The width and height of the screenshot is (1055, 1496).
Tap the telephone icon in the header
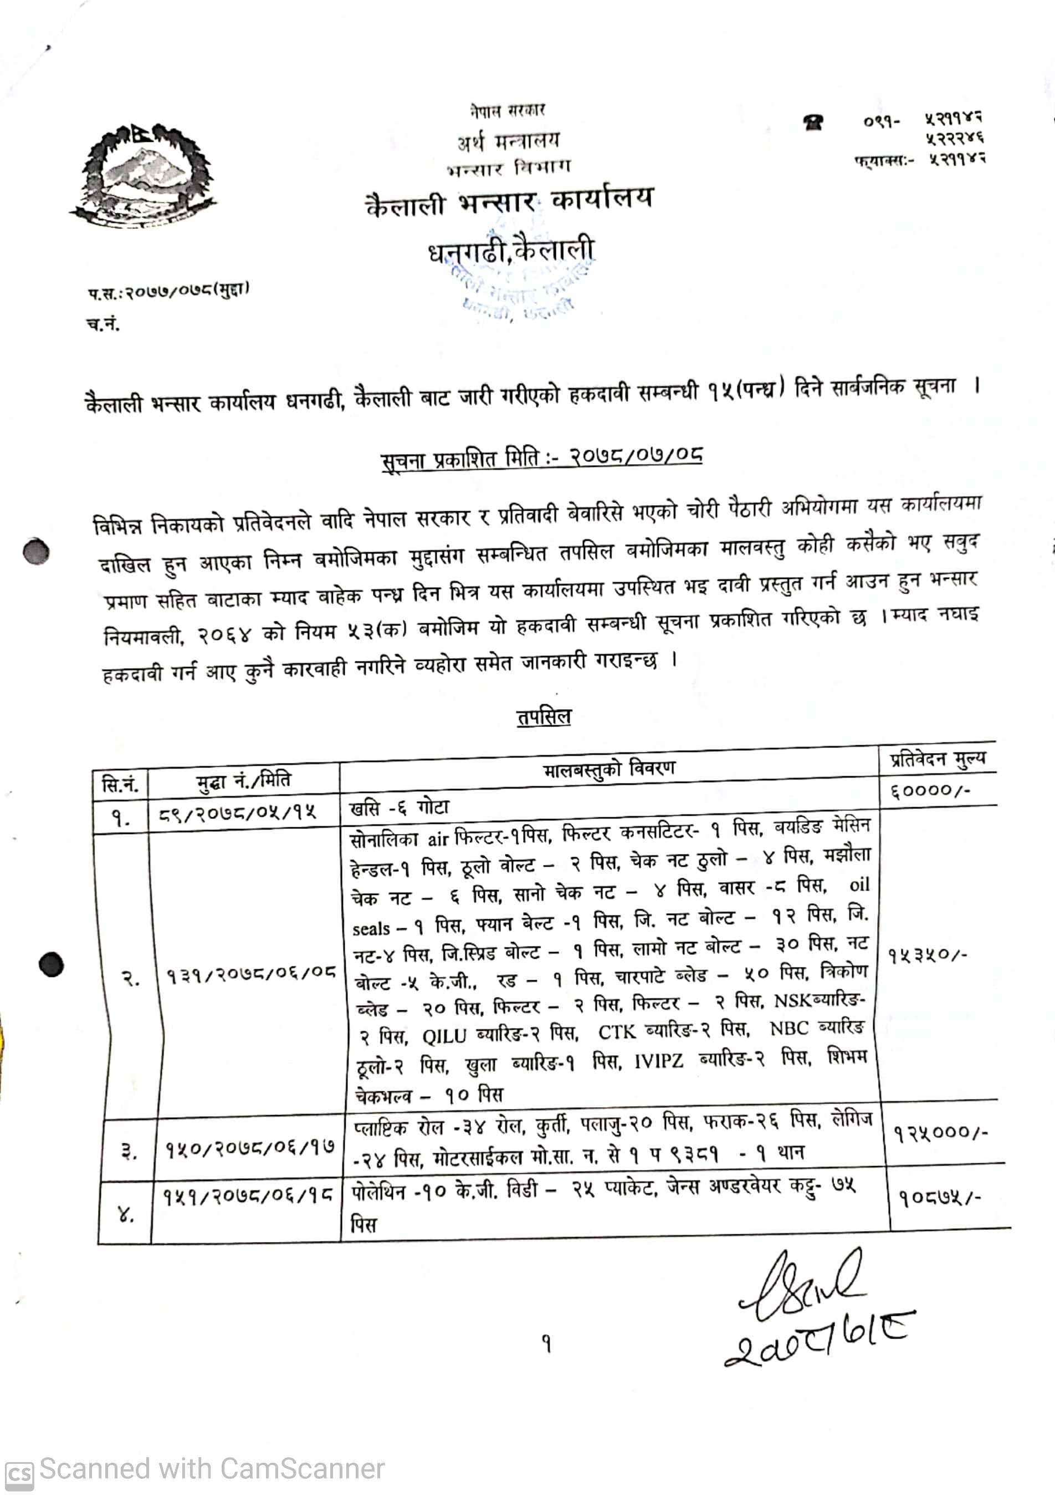click(813, 123)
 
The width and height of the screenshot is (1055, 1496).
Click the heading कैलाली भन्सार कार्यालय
click(509, 202)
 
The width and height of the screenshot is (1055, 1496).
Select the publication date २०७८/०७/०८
click(636, 455)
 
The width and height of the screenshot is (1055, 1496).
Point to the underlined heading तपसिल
click(544, 718)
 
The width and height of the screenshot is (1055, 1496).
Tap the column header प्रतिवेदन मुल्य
click(938, 759)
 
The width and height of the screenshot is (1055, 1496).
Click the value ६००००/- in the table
click(930, 791)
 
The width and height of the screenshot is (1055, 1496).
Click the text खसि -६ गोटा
click(399, 808)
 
